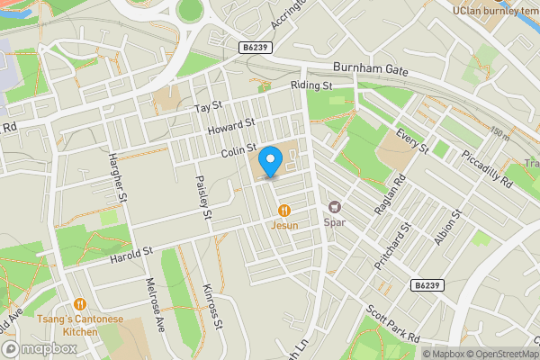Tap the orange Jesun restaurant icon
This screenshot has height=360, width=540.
[284, 210]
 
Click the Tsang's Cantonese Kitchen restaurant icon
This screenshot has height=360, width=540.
[81, 304]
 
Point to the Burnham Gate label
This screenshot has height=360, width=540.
[370, 68]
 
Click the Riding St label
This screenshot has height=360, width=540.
[311, 85]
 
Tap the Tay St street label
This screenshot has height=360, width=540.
[208, 107]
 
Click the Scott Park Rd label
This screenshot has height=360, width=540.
[392, 325]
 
